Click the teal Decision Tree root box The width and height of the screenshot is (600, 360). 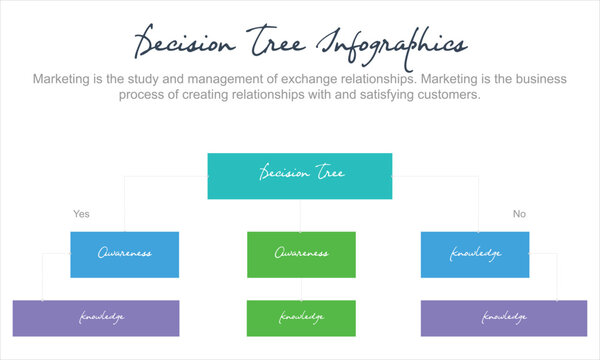300,175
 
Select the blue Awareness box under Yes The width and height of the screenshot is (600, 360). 124,254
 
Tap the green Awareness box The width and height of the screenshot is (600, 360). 301,254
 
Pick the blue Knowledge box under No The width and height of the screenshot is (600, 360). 475,254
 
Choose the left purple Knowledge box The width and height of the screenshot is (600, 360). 96,318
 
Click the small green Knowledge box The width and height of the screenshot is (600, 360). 301,318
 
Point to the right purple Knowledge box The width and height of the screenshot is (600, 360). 503,318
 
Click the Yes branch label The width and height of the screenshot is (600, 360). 81,214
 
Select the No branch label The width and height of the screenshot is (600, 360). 519,214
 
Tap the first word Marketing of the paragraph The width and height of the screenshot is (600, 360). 66,78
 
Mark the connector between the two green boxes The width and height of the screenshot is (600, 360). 301,288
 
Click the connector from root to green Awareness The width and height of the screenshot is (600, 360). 301,215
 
